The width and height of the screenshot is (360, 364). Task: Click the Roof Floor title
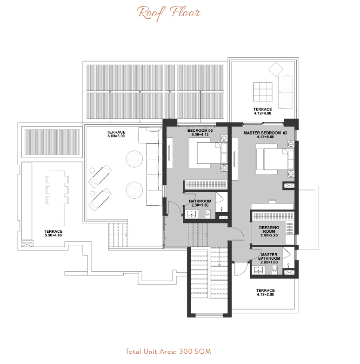[x=169, y=13]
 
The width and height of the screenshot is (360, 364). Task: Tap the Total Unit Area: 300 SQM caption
[x=168, y=351]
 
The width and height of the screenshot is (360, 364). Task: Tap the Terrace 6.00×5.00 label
[x=116, y=134]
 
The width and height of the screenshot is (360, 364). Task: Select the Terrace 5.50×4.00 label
[x=53, y=233]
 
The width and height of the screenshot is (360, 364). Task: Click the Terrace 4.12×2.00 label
[x=266, y=292]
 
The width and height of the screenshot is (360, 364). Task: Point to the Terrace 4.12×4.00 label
[x=263, y=111]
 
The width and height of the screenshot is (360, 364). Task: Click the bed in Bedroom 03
[x=208, y=153]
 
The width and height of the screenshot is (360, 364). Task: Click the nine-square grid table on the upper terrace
[x=263, y=92]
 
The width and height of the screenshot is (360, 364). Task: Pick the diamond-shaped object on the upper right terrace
[x=275, y=69]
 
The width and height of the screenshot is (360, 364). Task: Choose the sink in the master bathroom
[x=259, y=270]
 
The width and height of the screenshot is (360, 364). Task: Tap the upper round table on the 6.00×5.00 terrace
[x=134, y=159]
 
